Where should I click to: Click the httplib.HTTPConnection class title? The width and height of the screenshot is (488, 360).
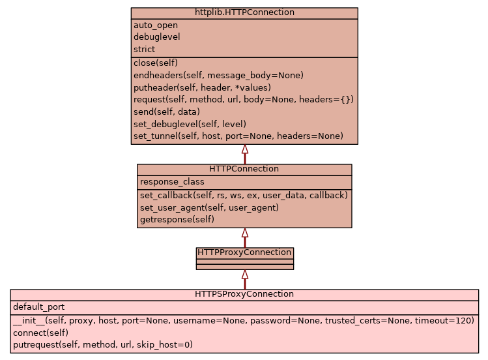(244, 12)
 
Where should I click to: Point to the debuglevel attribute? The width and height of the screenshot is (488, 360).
(157, 37)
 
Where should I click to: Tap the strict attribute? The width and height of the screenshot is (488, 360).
(145, 50)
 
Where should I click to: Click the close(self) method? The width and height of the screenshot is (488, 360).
(155, 63)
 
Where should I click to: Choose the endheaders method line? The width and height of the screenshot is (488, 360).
(218, 75)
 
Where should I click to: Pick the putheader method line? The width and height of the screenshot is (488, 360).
(202, 87)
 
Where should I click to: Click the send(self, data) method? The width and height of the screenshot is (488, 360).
(167, 112)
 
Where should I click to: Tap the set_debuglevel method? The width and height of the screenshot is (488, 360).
(190, 124)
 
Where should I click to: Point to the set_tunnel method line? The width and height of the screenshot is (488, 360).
(238, 136)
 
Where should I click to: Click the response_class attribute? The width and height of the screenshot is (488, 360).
(172, 182)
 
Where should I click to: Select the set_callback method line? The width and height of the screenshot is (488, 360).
(244, 195)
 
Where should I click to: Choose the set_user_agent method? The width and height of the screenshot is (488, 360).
(209, 207)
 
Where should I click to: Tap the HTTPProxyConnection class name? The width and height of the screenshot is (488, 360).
(244, 252)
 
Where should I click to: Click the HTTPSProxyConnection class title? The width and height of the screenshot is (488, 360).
(244, 294)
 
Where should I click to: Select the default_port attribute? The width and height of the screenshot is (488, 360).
(38, 307)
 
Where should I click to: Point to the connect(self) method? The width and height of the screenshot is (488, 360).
(40, 333)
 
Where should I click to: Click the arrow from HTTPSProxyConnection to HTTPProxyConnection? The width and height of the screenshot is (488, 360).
(245, 279)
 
